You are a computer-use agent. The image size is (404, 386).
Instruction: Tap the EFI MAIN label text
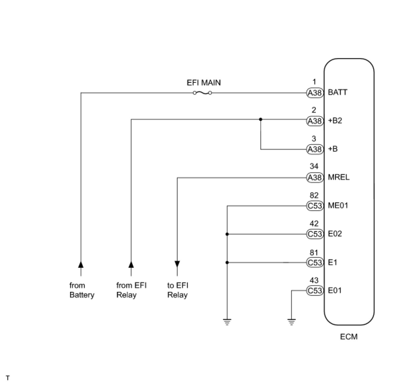pos(204,82)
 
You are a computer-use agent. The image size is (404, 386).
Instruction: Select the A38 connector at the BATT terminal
pos(315,93)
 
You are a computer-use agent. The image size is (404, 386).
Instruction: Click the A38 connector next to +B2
pos(315,121)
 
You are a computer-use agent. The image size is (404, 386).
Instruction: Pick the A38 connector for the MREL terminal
pos(315,178)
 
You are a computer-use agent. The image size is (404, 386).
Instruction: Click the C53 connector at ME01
pos(315,206)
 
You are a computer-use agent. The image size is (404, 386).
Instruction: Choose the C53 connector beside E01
pos(315,291)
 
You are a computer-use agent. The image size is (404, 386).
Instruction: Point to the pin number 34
pos(314,166)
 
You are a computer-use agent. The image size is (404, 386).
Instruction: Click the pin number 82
pos(314,195)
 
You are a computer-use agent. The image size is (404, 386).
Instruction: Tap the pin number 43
pos(314,280)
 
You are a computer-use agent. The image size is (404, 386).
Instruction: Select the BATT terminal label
pos(338,92)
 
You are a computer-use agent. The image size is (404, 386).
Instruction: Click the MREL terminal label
pos(339,177)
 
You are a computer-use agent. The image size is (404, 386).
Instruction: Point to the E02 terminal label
pos(335,234)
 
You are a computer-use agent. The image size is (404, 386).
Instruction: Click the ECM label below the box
pos(349,337)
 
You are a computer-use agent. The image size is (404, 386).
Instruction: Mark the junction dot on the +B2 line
pos(261,119)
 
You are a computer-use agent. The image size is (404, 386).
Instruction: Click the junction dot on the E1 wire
pos(227,263)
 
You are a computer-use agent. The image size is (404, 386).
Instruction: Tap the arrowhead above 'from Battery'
pos(81,264)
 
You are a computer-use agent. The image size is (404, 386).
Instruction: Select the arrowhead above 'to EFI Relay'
pos(177,264)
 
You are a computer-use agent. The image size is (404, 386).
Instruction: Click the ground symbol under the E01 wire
pos(291,322)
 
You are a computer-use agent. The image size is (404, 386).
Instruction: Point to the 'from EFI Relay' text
pos(131,290)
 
